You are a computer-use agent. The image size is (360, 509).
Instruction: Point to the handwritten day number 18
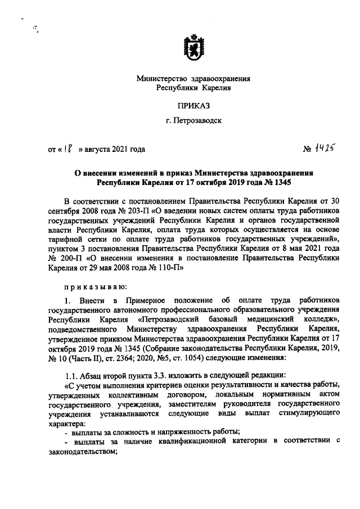(x=67, y=149)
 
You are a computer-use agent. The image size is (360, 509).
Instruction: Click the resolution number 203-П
(x=132, y=210)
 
